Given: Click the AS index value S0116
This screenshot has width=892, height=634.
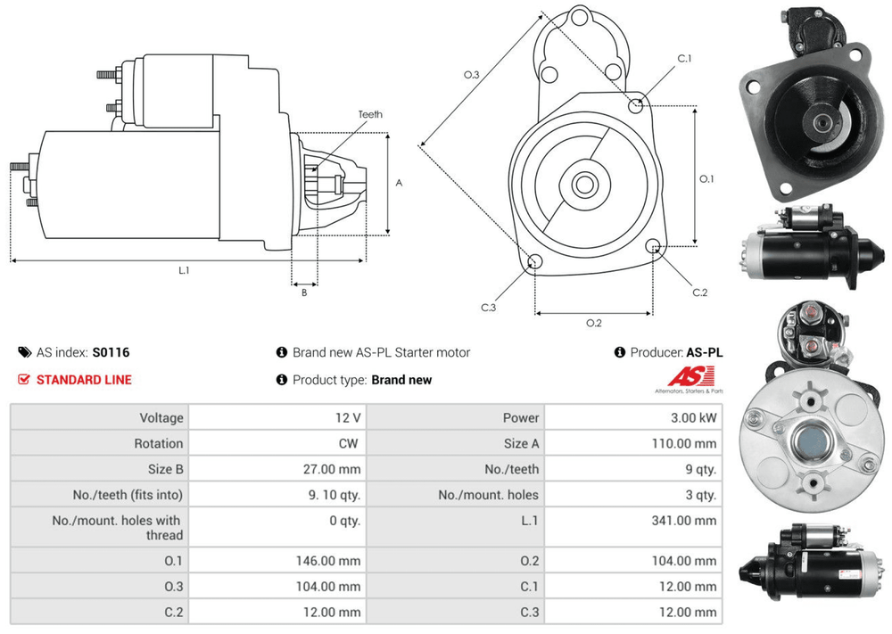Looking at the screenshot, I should (111, 352).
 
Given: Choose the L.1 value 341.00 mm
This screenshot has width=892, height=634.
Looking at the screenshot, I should (684, 521).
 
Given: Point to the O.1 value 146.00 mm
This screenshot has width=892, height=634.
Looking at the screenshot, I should (328, 561).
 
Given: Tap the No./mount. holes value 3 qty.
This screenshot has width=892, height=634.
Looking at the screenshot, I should (699, 495).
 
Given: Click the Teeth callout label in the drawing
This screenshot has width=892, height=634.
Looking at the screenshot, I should (370, 115).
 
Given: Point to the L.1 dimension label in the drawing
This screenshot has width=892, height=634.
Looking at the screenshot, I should (184, 269).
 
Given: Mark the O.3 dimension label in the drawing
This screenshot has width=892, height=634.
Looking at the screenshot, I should (472, 75).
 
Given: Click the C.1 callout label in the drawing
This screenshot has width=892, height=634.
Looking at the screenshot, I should (684, 59).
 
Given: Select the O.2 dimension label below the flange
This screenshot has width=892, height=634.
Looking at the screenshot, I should (593, 323).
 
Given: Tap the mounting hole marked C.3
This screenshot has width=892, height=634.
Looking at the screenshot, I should (535, 261).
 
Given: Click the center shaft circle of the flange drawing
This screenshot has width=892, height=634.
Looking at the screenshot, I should (584, 185).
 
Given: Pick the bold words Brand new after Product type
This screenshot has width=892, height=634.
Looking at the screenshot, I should (401, 380).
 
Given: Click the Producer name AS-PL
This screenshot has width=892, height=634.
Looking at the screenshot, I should (705, 352).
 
